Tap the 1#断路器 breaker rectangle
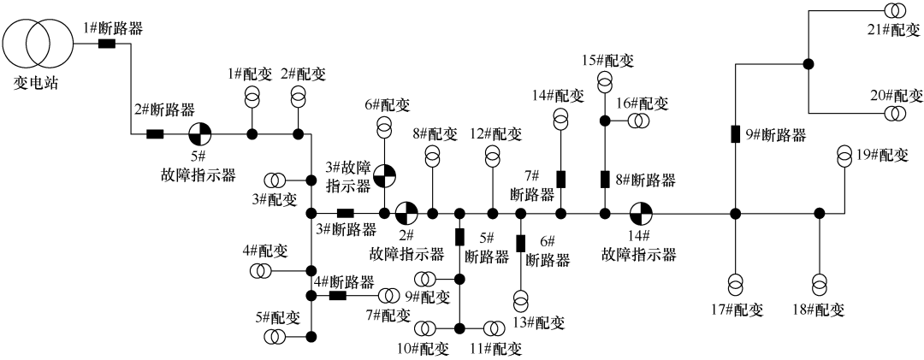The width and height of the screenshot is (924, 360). point(107,44)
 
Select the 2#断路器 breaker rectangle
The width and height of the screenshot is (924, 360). point(155,133)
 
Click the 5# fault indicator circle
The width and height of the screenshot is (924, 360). point(199,133)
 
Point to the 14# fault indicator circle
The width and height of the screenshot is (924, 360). point(640,212)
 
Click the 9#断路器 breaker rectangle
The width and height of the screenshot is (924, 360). point(735,134)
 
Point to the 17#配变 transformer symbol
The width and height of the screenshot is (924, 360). point(735,282)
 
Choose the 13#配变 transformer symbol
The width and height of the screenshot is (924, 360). point(521,299)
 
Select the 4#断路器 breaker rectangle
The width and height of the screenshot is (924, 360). point(338,296)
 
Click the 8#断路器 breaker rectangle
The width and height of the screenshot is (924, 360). point(605,180)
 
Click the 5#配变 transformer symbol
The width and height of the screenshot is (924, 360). point(275,336)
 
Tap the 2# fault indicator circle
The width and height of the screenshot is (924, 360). point(406,212)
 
